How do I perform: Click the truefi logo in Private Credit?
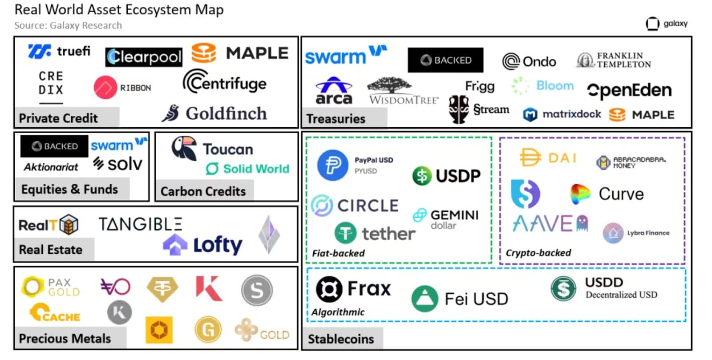pos(59,52)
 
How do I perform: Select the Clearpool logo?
pos(144,57)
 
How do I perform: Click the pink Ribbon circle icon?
pos(105,87)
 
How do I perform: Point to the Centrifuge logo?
pos(225,82)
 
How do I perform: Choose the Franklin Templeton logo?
pos(614,60)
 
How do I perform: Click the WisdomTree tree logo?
pos(389,85)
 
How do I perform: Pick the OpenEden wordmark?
pos(629,90)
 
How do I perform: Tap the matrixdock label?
pos(571,114)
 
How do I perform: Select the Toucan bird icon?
pos(184,148)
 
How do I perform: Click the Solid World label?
pos(256,169)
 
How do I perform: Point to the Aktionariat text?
pos(51,167)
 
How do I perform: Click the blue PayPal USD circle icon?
pos(332,165)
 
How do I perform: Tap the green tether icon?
pos(345,232)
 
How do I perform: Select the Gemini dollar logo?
pos(445,218)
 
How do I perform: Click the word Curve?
pos(621,194)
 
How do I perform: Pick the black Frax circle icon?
pos(329,289)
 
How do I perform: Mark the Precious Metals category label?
pos(65,339)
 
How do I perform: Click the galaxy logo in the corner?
pos(666,24)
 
